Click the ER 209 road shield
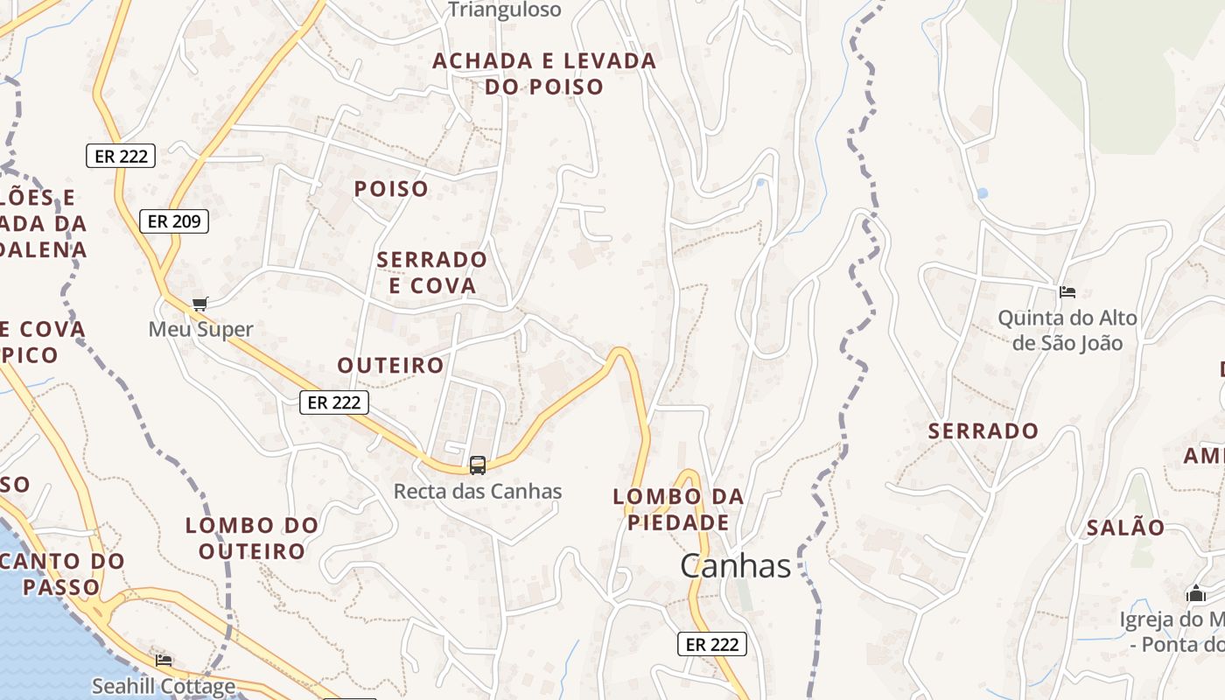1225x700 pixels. [x=174, y=221]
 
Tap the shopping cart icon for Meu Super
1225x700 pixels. [x=200, y=304]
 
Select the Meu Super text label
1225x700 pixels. [x=200, y=329]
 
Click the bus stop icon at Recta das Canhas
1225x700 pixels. [x=478, y=465]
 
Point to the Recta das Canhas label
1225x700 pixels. [x=478, y=491]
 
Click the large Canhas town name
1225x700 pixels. [x=735, y=566]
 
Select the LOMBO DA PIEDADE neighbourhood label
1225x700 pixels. [x=678, y=509]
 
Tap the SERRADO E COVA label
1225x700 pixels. [x=432, y=272]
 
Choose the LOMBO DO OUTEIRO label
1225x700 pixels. [x=252, y=538]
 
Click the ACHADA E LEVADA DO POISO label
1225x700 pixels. [x=544, y=73]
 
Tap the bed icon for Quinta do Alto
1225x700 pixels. [x=1067, y=291]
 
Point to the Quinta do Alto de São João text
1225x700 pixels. [x=1067, y=330]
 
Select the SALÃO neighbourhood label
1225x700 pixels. [x=1125, y=528]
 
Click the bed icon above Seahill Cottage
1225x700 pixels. [x=164, y=660]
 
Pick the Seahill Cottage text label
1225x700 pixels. [x=164, y=686]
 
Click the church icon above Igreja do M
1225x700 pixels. [x=1196, y=594]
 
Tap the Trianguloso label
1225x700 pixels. [x=504, y=10]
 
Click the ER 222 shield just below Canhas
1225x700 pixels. [x=712, y=644]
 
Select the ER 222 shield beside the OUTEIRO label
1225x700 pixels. [x=334, y=402]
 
